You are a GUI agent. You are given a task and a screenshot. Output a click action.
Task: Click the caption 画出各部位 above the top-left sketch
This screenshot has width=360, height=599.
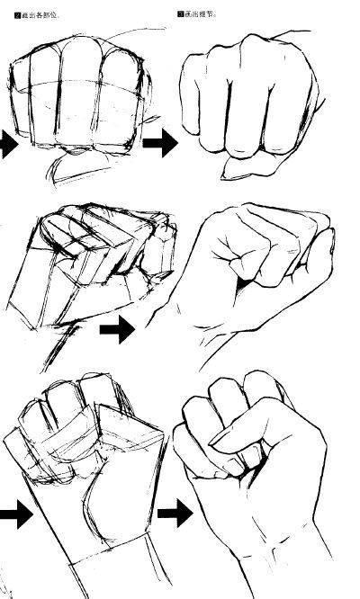(34, 15)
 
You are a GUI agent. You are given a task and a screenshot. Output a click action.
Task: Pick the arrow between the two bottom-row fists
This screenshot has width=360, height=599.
(175, 514)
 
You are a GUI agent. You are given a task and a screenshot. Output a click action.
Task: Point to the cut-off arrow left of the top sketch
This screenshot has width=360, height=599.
(7, 144)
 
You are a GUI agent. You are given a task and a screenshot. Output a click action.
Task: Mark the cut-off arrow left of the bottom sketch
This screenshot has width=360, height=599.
(13, 516)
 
